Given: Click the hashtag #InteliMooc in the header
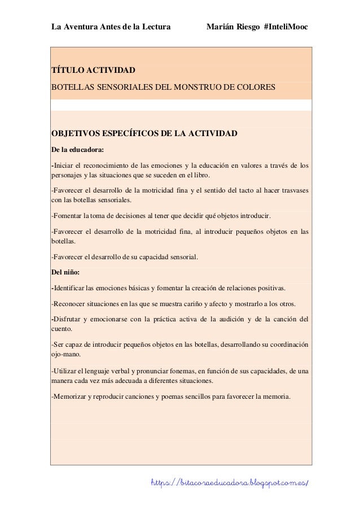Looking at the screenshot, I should pyautogui.click(x=286, y=27).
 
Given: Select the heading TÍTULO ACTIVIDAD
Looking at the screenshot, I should pyautogui.click(x=93, y=71).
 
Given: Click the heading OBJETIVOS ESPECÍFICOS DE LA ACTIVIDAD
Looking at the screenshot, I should pyautogui.click(x=144, y=134).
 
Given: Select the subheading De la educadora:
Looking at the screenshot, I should pyautogui.click(x=77, y=151).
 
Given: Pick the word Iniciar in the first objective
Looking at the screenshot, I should pyautogui.click(x=64, y=166).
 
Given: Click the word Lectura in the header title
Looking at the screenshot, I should pyautogui.click(x=156, y=27).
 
